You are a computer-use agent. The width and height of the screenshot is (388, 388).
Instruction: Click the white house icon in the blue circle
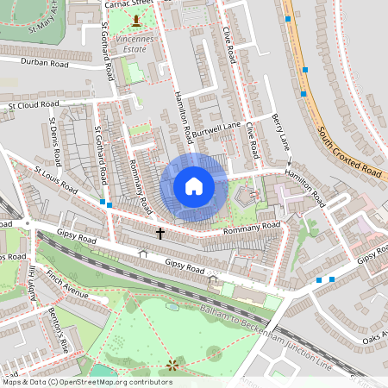coord(194,185)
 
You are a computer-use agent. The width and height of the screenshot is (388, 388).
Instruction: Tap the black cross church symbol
coord(160,233)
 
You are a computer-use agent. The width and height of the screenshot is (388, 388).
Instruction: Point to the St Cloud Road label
coord(37,106)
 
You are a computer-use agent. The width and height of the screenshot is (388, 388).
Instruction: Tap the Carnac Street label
coord(127,4)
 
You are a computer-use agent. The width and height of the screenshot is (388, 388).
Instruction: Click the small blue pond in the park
coord(173,306)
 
